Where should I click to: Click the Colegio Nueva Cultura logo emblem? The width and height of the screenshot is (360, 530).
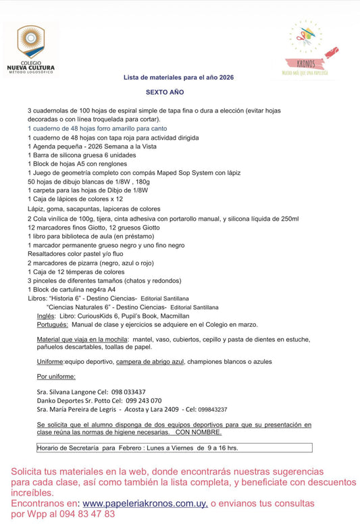(x=31, y=42)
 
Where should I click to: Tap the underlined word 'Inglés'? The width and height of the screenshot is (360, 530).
(x=46, y=315)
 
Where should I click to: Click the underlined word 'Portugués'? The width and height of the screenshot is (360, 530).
(x=53, y=324)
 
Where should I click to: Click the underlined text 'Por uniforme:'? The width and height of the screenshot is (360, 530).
(x=56, y=376)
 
